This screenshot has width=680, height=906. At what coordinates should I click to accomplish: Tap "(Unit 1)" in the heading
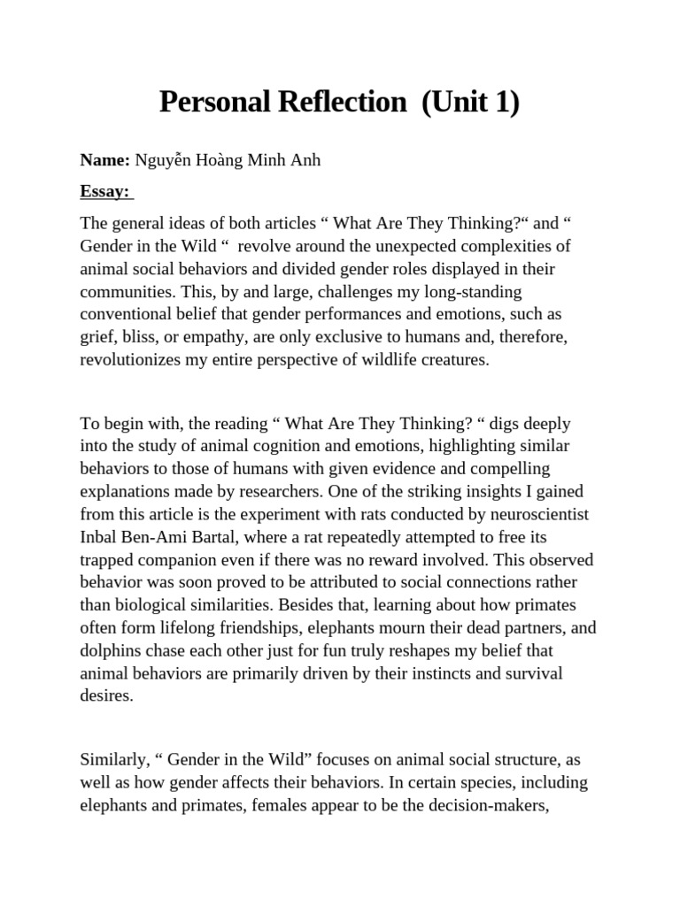tap(470, 103)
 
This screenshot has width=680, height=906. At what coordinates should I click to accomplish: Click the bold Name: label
tap(105, 160)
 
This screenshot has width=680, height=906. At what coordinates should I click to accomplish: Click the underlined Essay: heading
tap(104, 190)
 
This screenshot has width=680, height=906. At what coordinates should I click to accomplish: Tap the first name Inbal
tap(100, 537)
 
